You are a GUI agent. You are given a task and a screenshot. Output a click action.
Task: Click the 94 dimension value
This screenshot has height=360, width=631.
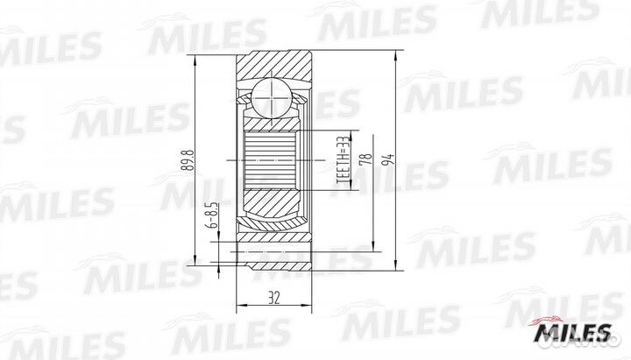(x=389, y=159)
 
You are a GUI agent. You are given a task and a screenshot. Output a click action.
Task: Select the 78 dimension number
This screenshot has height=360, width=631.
(x=367, y=159)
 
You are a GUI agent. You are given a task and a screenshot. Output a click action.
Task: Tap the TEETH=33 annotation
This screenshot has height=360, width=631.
(x=342, y=160)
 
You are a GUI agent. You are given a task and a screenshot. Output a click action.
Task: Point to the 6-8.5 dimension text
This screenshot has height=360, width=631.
(x=213, y=215)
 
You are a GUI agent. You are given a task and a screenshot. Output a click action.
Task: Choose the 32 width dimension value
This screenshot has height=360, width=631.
(x=273, y=298)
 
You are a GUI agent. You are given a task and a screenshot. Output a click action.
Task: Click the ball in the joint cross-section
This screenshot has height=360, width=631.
(x=272, y=98)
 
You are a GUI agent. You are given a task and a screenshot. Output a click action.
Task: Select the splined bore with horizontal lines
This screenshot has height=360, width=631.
(x=270, y=160)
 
